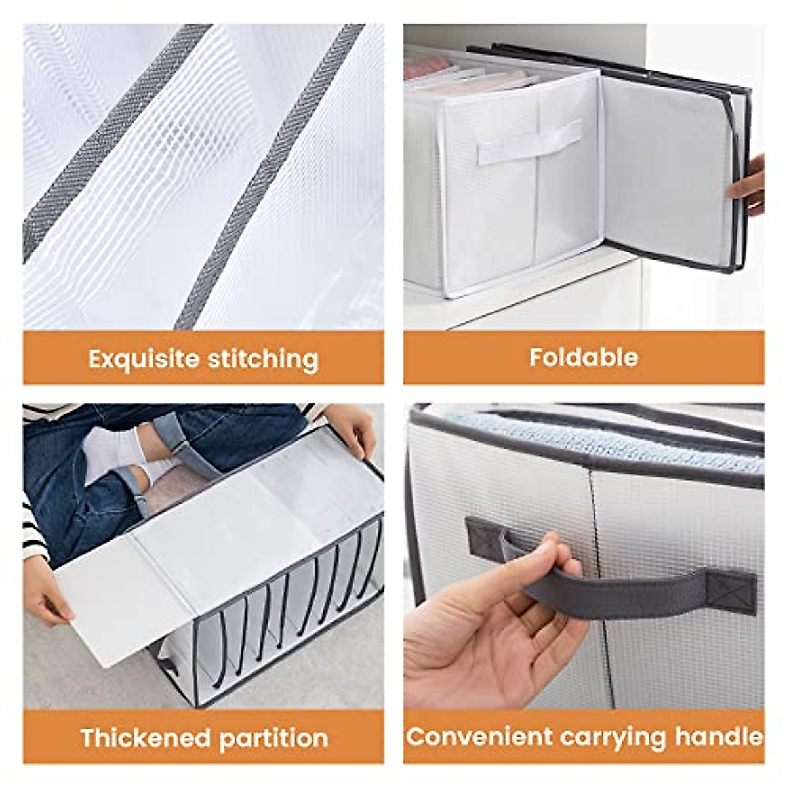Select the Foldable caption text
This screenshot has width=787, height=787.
click(x=583, y=357)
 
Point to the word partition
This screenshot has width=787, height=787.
click(x=273, y=738)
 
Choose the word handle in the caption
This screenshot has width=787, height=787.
click(x=717, y=737)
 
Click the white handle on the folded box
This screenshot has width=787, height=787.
click(x=528, y=142)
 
